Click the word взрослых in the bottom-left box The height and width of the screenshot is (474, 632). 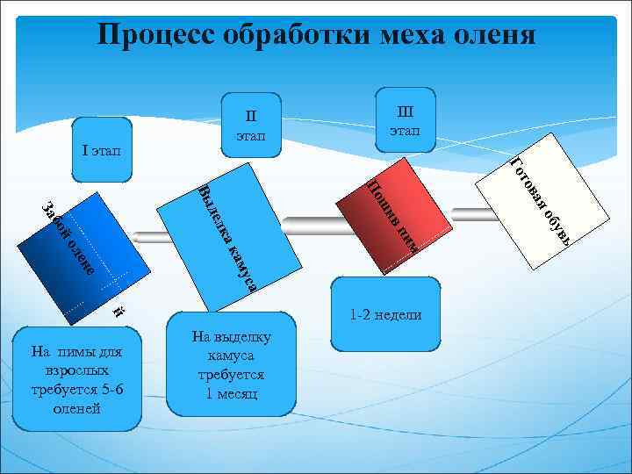[76, 371]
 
